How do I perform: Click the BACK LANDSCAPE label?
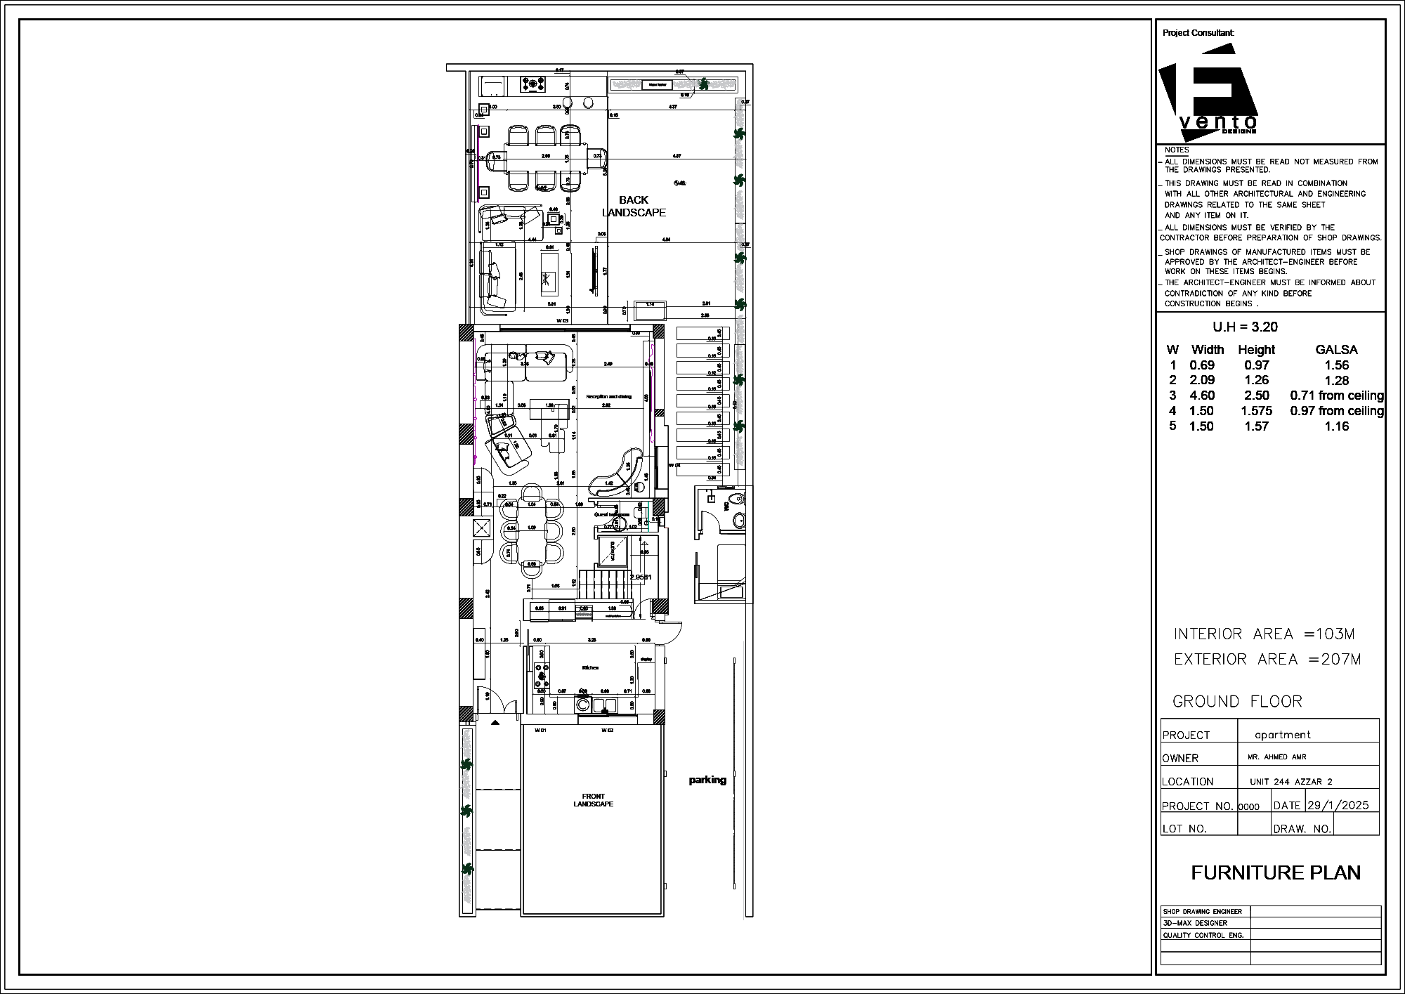click(634, 206)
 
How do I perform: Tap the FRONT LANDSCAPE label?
click(593, 800)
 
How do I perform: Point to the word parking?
click(707, 780)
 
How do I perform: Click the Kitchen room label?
click(590, 667)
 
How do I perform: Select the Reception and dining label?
click(608, 396)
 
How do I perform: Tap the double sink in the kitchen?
click(605, 705)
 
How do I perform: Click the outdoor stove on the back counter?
click(533, 85)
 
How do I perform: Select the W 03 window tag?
click(562, 321)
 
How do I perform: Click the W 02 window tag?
click(608, 731)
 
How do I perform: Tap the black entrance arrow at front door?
click(495, 721)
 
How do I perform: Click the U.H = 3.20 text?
click(1245, 327)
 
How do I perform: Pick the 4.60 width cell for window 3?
click(1201, 395)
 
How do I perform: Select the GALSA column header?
click(1336, 350)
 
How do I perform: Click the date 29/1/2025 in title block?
click(1338, 805)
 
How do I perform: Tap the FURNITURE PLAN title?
click(1276, 872)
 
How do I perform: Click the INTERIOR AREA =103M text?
click(1264, 634)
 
